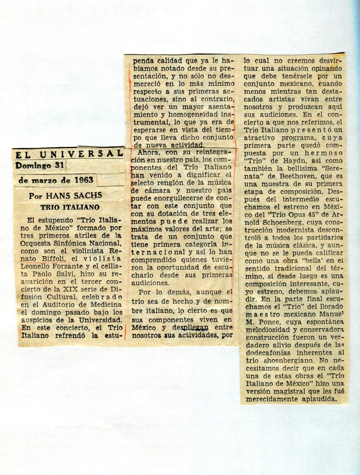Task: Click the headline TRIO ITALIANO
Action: tap(70, 207)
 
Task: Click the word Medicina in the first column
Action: tap(105, 304)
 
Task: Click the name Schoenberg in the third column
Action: tap(271, 229)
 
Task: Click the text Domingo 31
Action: tap(39, 165)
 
